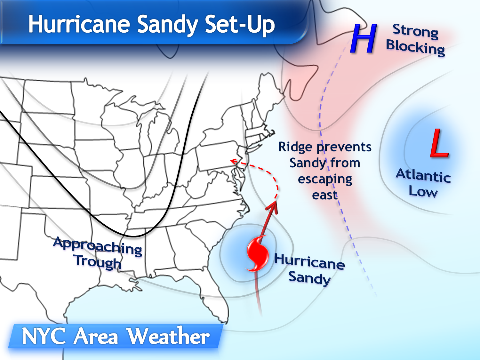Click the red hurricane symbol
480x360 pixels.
pyautogui.click(x=258, y=253)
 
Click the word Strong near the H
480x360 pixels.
pyautogui.click(x=415, y=31)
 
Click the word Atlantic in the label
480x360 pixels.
pyautogui.click(x=423, y=175)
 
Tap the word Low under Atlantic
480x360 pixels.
pyautogui.click(x=423, y=192)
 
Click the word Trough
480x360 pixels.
pyautogui.click(x=98, y=262)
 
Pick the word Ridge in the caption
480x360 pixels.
pyautogui.click(x=295, y=147)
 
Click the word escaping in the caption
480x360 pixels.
pyautogui.click(x=325, y=179)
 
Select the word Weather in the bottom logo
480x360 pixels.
pyautogui.click(x=168, y=336)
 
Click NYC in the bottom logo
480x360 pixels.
pyautogui.click(x=44, y=336)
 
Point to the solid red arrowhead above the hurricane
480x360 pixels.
pyautogui.click(x=273, y=207)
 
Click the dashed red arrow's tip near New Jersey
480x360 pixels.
pyautogui.click(x=233, y=161)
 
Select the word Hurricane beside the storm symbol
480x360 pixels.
pyautogui.click(x=309, y=261)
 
